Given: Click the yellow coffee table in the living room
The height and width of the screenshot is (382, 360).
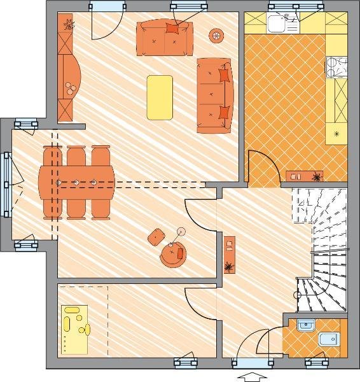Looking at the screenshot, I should coord(160,97).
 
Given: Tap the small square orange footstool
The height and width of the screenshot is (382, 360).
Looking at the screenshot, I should coord(156,237).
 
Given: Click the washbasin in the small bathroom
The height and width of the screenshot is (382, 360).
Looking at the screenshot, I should coord(305,324).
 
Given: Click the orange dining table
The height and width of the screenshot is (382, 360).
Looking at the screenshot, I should coord(77,182).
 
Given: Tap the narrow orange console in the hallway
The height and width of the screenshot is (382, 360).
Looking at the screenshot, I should coord(229,255).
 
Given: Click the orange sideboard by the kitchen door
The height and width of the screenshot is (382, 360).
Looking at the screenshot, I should coord(304,175).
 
